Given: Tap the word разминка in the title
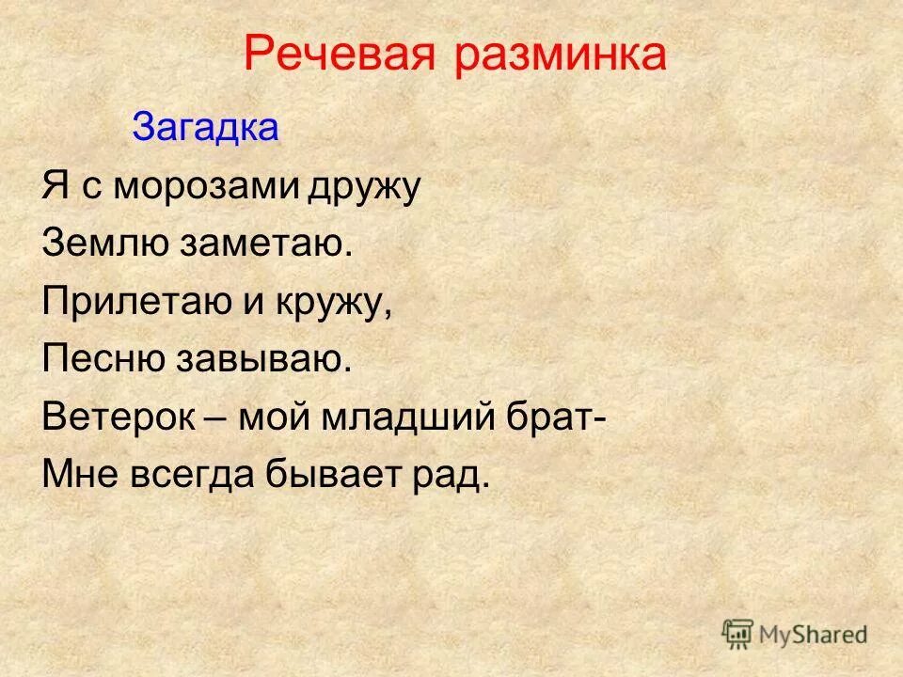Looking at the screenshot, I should (x=561, y=56).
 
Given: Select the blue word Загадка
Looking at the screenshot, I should (x=205, y=127).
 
